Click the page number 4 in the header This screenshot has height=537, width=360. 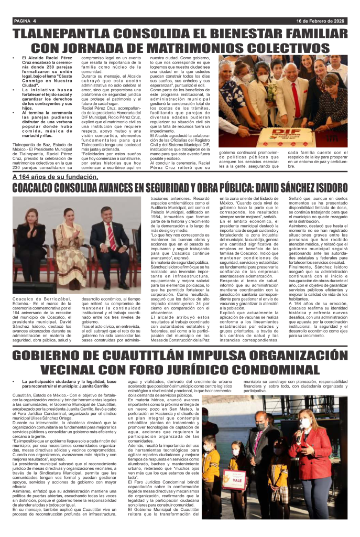click(34, 21)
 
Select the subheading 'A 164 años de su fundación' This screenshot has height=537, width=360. click(55, 177)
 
